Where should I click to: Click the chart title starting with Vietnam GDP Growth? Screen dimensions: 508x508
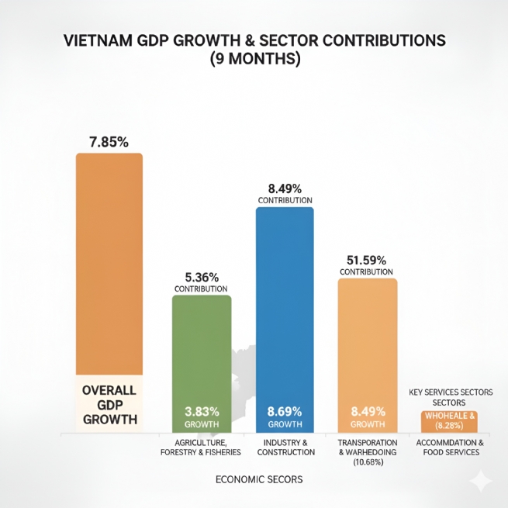click(x=254, y=41)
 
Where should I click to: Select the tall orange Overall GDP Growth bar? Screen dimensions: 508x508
click(x=109, y=264)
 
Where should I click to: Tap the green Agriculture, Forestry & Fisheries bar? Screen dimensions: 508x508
click(x=202, y=349)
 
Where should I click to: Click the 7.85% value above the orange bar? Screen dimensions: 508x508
click(x=109, y=142)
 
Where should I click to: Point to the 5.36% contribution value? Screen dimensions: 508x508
click(x=202, y=277)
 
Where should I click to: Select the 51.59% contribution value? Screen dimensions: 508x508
click(x=367, y=260)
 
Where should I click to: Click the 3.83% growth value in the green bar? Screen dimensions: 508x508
click(x=202, y=411)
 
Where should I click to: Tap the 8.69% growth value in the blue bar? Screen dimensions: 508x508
click(x=285, y=411)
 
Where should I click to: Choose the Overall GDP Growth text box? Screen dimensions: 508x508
click(x=109, y=404)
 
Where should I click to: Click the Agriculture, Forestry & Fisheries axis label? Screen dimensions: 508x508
click(x=201, y=448)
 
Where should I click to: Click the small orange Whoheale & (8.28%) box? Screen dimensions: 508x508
click(x=450, y=421)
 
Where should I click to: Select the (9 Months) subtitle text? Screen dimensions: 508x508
click(x=254, y=59)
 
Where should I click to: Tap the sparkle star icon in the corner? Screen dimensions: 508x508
click(x=480, y=481)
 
